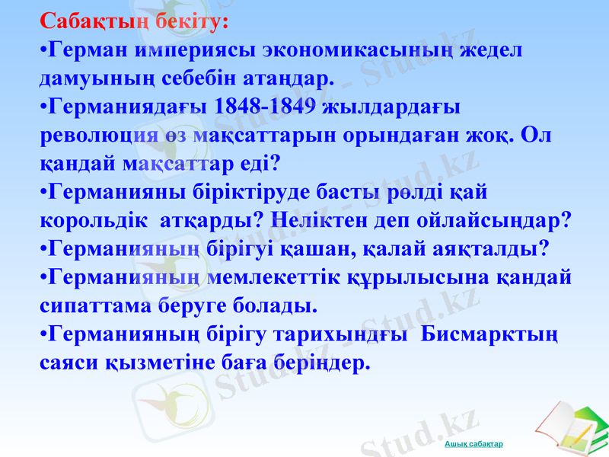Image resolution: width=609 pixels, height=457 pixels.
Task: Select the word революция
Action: (x=93, y=134)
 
